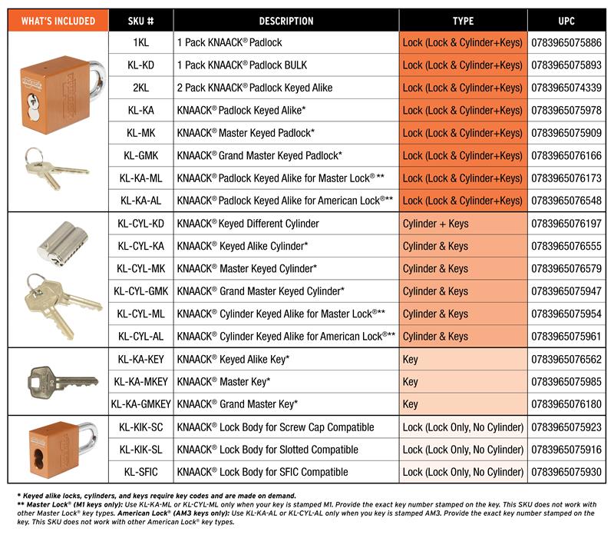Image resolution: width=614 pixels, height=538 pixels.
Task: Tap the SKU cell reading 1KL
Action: (140, 43)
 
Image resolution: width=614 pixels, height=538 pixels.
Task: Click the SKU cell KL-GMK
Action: (140, 156)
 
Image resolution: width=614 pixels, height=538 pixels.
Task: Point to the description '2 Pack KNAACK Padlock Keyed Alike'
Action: (254, 88)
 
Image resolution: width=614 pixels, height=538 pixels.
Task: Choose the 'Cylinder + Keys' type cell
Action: (435, 224)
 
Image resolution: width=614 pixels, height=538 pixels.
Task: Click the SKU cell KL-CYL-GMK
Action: (140, 291)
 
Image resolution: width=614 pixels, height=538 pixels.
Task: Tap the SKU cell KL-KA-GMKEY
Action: (140, 403)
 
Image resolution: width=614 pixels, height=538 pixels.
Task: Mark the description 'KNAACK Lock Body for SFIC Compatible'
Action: (262, 472)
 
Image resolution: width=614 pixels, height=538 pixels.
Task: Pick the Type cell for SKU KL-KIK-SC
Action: (463, 427)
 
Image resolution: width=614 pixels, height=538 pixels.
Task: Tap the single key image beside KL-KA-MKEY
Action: (61, 380)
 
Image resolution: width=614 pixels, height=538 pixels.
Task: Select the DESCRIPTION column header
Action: (286, 21)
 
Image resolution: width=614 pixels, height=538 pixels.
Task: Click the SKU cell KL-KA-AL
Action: (140, 201)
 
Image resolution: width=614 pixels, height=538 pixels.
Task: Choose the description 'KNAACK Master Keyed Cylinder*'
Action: (247, 269)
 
